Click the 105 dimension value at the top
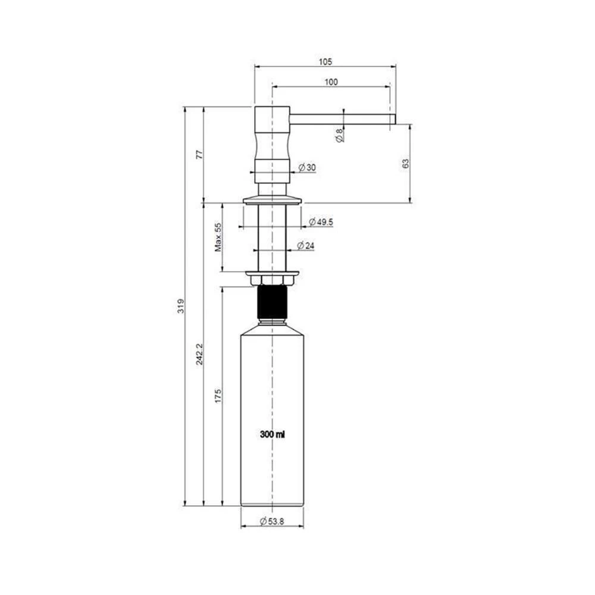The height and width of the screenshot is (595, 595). click(325, 61)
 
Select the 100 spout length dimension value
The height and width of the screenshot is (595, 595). click(331, 82)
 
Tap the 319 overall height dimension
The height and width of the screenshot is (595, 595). click(181, 306)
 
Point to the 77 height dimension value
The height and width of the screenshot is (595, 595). click(199, 155)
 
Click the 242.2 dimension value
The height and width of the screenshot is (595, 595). click(199, 354)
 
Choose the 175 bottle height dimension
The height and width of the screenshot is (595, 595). click(218, 396)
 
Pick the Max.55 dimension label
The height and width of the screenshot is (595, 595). click(218, 237)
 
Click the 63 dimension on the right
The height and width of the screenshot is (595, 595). click(406, 164)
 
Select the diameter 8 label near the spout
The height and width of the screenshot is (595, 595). click(340, 135)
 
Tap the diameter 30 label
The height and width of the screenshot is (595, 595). click(307, 167)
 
